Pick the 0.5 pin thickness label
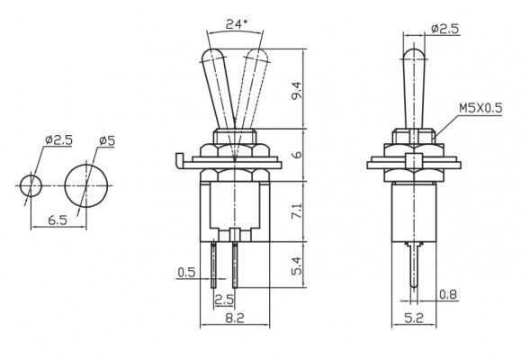coord(187,271)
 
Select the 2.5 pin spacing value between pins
coord(224,298)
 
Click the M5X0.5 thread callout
coord(480,107)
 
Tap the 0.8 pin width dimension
coord(445,293)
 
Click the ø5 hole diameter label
coord(105,140)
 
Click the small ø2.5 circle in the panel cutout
coord(31,186)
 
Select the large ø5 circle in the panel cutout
coord(86,186)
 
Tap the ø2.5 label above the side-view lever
coord(445,29)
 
